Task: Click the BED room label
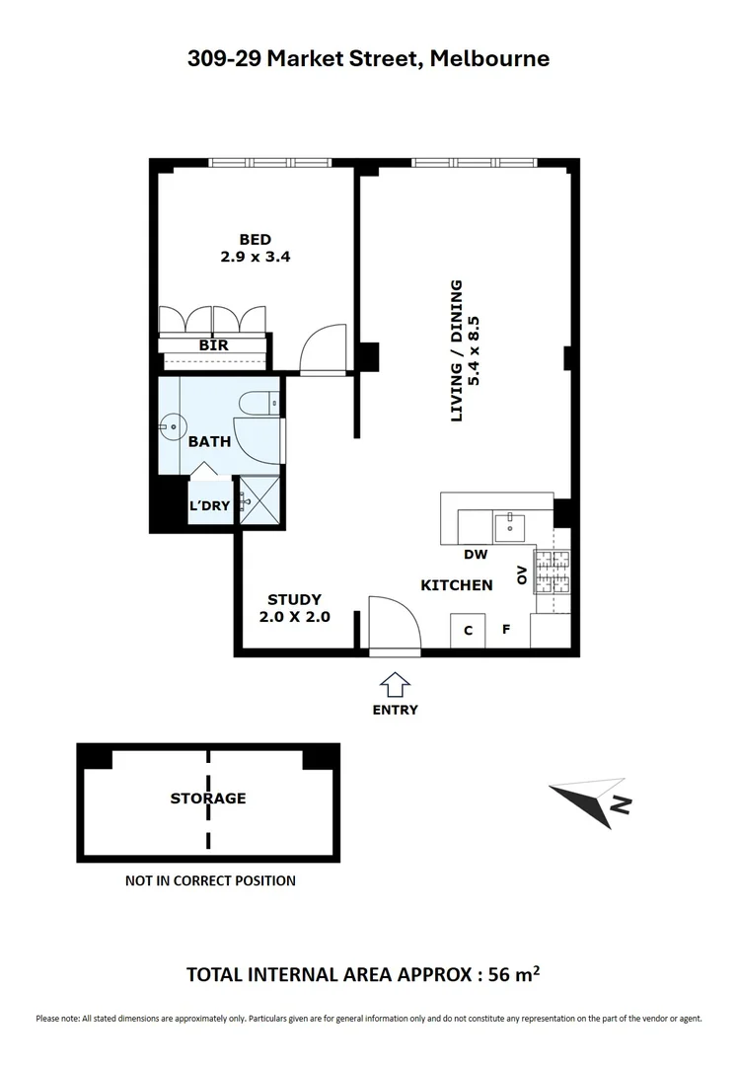click(255, 239)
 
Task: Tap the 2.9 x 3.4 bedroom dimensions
click(255, 257)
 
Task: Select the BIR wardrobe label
click(214, 345)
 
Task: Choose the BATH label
click(209, 441)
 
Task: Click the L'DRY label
click(209, 506)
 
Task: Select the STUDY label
click(294, 599)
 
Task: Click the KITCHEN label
click(457, 585)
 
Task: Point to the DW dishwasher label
click(476, 555)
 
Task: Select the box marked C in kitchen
click(468, 630)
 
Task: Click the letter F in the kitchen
click(505, 628)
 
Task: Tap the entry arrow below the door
click(395, 684)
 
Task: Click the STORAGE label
click(208, 798)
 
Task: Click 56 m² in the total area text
click(509, 974)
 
